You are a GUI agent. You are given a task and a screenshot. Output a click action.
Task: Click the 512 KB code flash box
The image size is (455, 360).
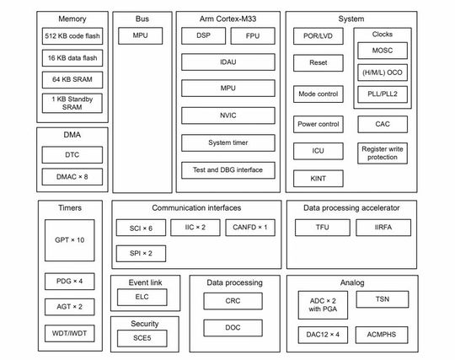tap(72, 37)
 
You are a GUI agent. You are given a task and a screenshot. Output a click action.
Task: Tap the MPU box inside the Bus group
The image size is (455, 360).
tap(141, 36)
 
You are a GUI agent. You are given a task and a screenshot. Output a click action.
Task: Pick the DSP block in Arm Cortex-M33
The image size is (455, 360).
tap(203, 36)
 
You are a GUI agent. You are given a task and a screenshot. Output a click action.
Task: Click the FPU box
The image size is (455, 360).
tap(252, 36)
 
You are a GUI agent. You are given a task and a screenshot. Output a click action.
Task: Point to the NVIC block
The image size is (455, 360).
tap(227, 116)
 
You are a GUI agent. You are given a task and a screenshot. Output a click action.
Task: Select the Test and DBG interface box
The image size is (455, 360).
tap(227, 169)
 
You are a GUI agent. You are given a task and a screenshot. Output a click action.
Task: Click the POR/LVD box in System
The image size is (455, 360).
tap(318, 37)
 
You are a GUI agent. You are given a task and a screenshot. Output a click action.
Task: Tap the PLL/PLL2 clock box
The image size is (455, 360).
tap(382, 94)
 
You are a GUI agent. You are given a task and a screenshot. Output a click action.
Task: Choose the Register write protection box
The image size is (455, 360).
tap(382, 153)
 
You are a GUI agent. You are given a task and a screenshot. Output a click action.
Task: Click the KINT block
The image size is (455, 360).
tap(318, 178)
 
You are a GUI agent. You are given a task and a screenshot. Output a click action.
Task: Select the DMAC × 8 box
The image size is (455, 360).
tap(72, 176)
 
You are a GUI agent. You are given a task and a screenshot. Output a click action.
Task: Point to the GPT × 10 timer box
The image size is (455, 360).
tap(70, 240)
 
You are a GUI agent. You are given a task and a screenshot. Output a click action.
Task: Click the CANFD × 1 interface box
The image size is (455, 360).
tap(250, 228)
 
